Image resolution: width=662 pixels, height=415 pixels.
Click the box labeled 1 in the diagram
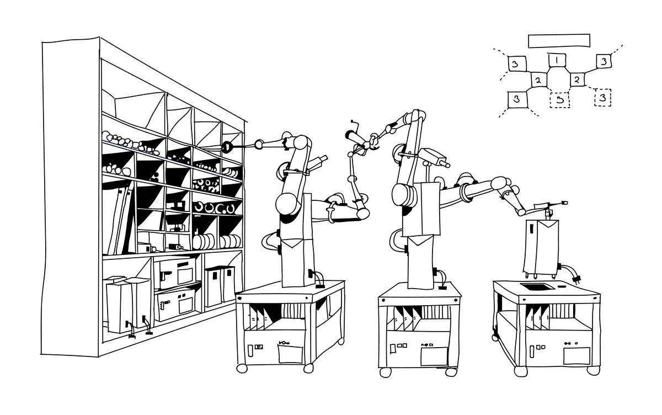click(x=557, y=60)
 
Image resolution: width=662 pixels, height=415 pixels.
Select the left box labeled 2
click(x=538, y=81)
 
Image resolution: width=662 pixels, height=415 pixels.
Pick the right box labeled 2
click(x=576, y=79)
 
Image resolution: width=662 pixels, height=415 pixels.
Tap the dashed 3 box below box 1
click(x=559, y=100)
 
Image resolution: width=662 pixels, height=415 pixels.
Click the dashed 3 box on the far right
click(x=602, y=98)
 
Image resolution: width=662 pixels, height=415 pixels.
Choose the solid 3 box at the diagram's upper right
click(x=604, y=61)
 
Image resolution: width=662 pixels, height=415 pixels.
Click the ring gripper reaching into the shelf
click(x=226, y=147)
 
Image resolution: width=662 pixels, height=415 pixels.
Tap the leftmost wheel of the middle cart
click(x=385, y=372)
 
